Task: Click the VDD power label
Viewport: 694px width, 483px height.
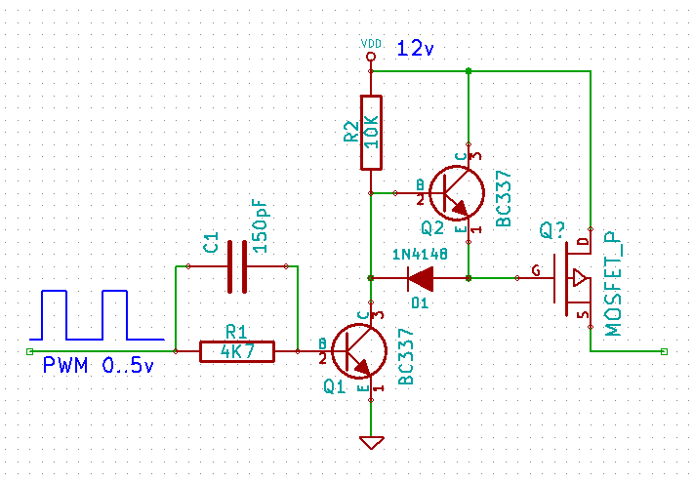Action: [371, 44]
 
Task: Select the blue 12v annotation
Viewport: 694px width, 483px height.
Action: [415, 48]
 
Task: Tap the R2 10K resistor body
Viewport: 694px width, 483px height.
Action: [371, 133]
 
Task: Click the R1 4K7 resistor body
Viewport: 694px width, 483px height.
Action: [237, 351]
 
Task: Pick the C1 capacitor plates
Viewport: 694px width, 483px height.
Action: [237, 266]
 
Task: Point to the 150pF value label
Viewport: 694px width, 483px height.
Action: [261, 226]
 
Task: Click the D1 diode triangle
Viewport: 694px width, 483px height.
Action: [421, 279]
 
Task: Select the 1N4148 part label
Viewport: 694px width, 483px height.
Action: [420, 254]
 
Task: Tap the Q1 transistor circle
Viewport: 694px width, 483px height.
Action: [359, 350]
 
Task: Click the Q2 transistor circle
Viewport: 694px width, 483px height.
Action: [457, 193]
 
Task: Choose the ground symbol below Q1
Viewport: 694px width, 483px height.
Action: [371, 443]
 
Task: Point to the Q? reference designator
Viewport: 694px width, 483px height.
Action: [552, 230]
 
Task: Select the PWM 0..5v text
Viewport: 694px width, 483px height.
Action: [99, 366]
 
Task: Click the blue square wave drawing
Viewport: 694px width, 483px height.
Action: [97, 315]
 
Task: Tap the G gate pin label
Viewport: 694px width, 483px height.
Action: [536, 270]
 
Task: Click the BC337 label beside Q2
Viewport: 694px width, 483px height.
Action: [504, 199]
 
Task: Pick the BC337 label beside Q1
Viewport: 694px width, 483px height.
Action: [406, 356]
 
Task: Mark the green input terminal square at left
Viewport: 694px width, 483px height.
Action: [29, 351]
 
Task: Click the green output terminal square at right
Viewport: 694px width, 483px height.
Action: [664, 351]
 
